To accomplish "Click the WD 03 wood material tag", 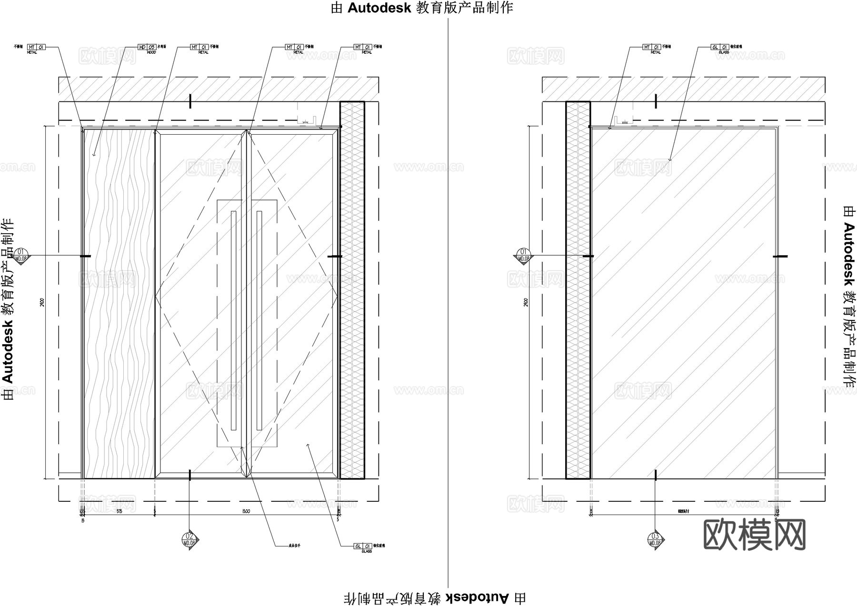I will tap(147, 47).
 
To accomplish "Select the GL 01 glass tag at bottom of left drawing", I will tap(363, 546).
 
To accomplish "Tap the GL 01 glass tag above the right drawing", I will tap(720, 47).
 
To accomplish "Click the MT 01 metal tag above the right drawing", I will tap(651, 47).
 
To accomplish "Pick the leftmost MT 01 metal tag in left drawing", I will tap(36, 47).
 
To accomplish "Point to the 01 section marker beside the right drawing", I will tap(523, 255).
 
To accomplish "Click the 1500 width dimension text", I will tap(246, 511).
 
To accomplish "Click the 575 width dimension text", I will tap(119, 511).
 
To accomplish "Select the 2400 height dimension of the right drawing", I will tap(526, 302).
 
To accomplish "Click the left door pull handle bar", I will tap(233, 320).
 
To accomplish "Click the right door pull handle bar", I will tap(259, 320).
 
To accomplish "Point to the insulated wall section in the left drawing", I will tap(352, 290).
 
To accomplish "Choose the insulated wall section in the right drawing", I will tap(578, 290).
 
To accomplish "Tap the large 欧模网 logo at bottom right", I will tap(754, 535).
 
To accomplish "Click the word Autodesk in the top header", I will tap(379, 8).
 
